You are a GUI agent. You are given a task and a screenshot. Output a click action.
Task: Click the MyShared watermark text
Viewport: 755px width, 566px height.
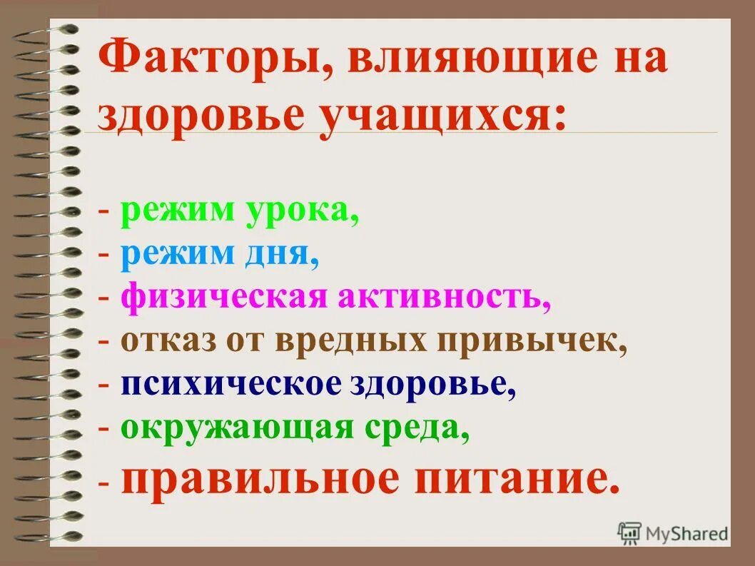tap(687, 532)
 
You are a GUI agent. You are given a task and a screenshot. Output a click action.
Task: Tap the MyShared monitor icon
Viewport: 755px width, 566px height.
tap(629, 532)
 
